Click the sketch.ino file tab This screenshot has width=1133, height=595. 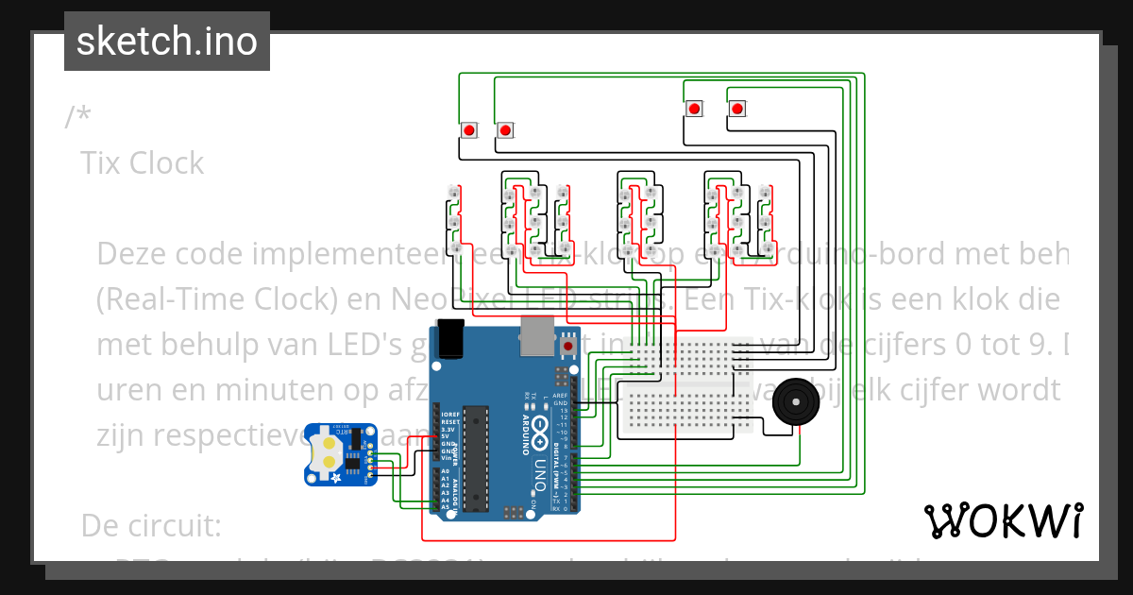[x=166, y=42]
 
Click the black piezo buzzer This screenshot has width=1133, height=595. [x=795, y=404]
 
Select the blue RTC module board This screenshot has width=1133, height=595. [x=341, y=454]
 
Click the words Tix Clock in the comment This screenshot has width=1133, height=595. [x=143, y=163]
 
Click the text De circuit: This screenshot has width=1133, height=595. [x=151, y=524]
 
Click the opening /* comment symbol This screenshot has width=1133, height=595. [x=79, y=117]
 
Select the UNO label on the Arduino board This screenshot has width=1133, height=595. [x=541, y=476]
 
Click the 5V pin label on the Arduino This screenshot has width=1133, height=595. [x=445, y=436]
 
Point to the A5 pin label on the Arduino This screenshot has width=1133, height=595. [x=445, y=507]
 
